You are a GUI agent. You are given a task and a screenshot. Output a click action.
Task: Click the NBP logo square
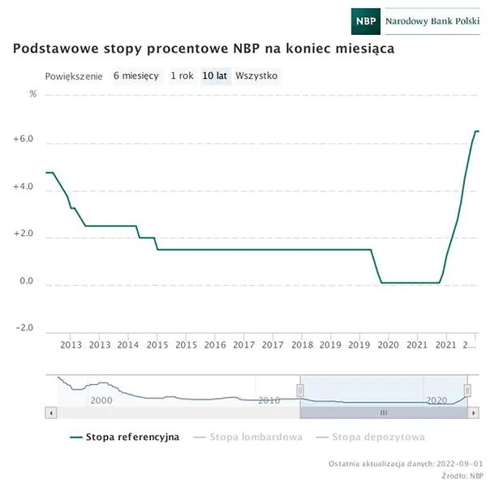(367, 21)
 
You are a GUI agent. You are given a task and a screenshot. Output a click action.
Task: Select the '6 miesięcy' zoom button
(136, 76)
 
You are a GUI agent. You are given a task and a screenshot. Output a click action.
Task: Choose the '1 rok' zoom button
(182, 76)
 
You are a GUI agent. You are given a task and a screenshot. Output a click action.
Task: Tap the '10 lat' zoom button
(215, 76)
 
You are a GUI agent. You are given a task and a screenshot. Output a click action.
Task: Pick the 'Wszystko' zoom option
(256, 76)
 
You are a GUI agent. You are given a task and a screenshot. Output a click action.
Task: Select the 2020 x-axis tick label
(387, 345)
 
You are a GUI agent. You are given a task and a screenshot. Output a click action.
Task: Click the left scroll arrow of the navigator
(52, 412)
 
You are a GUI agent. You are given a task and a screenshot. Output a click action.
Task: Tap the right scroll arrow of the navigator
(474, 412)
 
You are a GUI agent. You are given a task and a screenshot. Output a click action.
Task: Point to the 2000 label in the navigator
(101, 401)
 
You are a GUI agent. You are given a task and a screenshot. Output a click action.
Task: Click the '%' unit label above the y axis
(33, 94)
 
